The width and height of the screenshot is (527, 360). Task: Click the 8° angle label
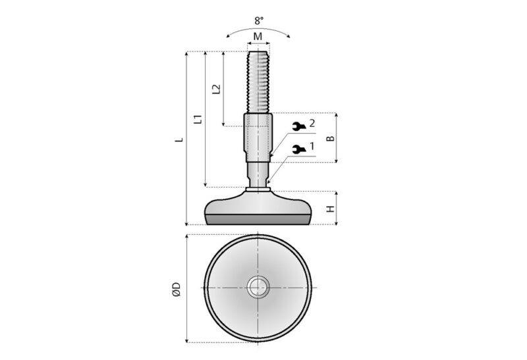pos(259,21)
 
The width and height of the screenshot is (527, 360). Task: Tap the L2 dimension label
pos(216,89)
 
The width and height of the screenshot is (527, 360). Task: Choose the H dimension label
pos(331,209)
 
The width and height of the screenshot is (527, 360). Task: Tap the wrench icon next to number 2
pos(298,126)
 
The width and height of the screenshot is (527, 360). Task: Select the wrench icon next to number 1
pos(298,149)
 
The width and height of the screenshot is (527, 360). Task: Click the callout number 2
pos(312,123)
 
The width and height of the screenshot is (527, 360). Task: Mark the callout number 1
pos(312,146)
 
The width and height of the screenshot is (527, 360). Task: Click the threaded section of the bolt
pos(258,82)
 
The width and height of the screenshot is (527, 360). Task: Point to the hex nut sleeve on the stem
pos(258,138)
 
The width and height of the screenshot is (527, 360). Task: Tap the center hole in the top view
pos(258,288)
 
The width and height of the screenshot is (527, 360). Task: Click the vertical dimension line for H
pos(337,209)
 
